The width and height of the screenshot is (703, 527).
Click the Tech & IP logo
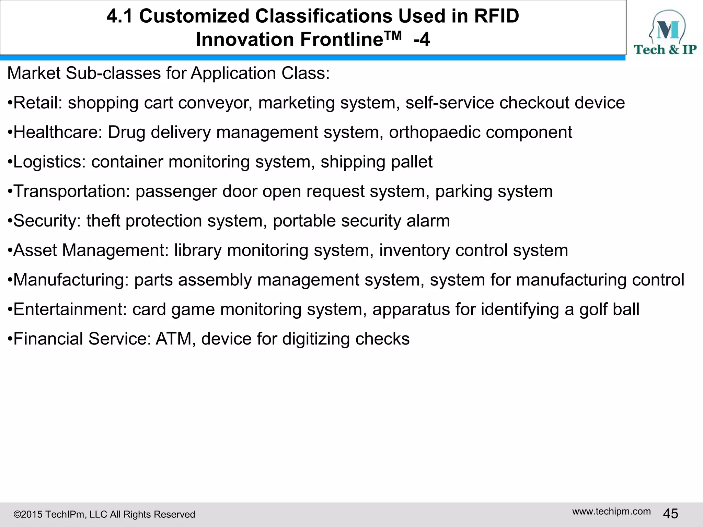pyautogui.click(x=665, y=33)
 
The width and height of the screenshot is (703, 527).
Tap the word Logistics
pyautogui.click(x=49, y=162)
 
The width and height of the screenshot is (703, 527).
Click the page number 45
pyautogui.click(x=670, y=514)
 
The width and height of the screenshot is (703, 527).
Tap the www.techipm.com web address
pyautogui.click(x=611, y=512)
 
